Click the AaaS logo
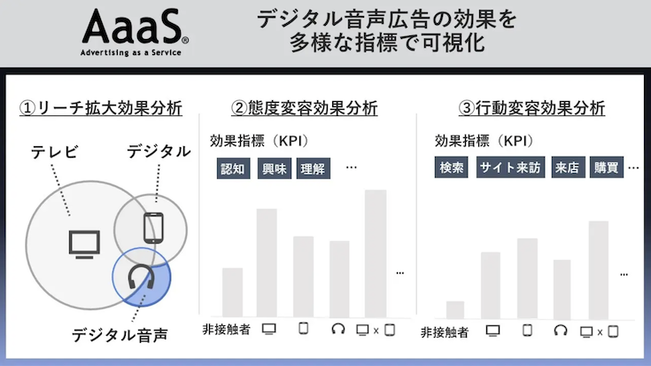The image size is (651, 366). [x=135, y=32]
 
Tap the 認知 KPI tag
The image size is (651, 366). [x=233, y=168]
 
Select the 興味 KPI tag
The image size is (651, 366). [x=274, y=168]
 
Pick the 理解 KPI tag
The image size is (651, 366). [x=314, y=168]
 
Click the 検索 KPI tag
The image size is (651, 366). [x=452, y=167]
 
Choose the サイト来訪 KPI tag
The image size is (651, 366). [x=510, y=167]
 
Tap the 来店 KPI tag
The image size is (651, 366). [x=568, y=167]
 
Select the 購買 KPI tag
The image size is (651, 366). [x=607, y=167]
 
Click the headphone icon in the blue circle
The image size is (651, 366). [x=141, y=276]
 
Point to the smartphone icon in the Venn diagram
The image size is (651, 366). [x=153, y=228]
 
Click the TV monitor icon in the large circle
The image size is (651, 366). [x=84, y=245]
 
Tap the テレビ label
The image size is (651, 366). [x=54, y=152]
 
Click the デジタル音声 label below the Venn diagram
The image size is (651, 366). [x=120, y=335]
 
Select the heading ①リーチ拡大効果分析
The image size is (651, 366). [x=101, y=108]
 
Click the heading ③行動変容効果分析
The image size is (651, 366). [x=531, y=108]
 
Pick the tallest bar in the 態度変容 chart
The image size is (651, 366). [x=376, y=253]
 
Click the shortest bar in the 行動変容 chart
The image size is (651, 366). [x=455, y=310]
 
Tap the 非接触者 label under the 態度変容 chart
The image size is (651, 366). [x=226, y=330]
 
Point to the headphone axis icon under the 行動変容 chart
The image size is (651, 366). [x=561, y=331]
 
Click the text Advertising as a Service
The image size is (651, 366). [x=131, y=53]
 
